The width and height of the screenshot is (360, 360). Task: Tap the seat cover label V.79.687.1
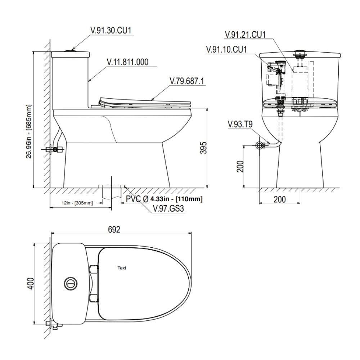186,81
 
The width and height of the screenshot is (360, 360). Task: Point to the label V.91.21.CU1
245,35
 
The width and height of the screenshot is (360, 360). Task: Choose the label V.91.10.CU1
226,49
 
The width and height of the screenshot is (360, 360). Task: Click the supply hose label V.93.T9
240,125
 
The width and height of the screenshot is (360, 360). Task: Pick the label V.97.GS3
168,208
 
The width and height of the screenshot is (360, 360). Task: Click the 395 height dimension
203,148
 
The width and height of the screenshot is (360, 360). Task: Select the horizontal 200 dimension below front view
280,199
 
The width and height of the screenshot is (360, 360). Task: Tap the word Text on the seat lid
122,267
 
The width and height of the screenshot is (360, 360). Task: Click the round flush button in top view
70,284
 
